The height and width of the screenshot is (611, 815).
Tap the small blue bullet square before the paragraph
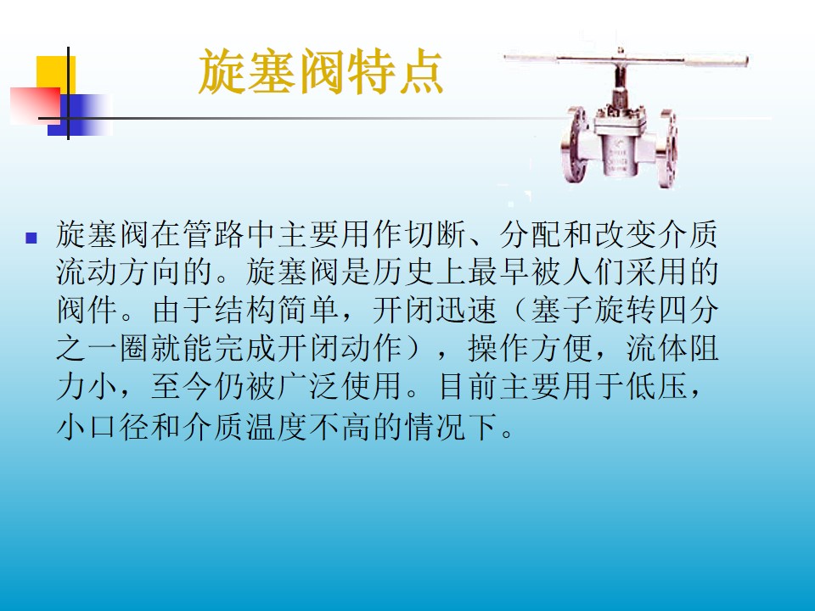[31, 238]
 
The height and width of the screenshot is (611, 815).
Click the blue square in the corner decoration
[79, 115]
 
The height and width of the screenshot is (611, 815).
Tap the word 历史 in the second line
[436, 272]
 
